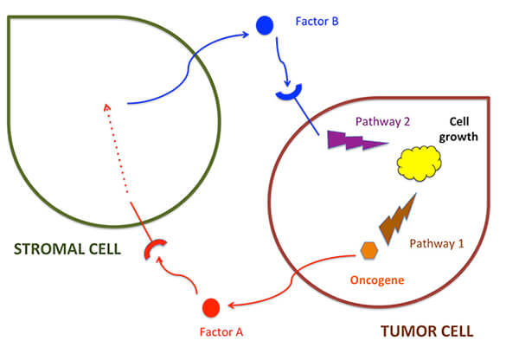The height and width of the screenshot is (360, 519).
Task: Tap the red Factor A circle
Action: [209, 306]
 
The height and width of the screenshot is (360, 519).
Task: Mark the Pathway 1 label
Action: [436, 244]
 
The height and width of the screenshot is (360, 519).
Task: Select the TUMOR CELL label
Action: [426, 331]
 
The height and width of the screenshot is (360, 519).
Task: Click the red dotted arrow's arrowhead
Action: [106, 106]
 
